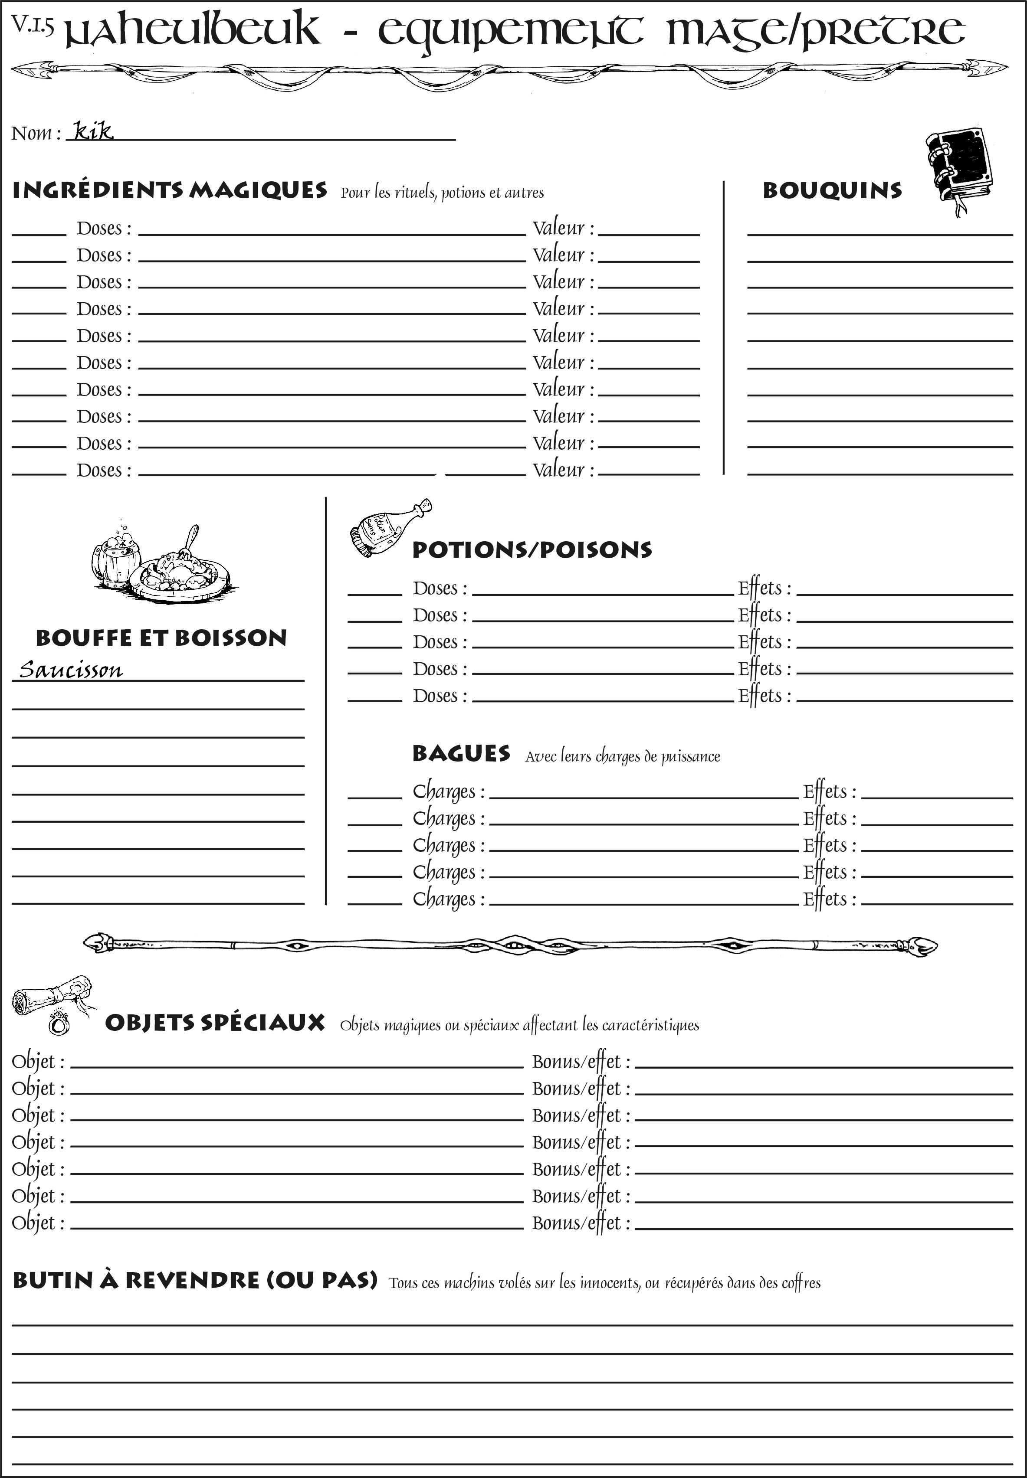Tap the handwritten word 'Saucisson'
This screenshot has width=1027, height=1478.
70,670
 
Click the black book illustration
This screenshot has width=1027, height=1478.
959,167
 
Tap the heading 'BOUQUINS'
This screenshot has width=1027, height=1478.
832,191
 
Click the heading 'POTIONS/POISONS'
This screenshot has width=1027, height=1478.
532,550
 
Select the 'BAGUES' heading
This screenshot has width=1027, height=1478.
461,754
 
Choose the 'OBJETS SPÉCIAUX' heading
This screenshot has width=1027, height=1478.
214,1023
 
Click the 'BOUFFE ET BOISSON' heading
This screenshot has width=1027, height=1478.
161,638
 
